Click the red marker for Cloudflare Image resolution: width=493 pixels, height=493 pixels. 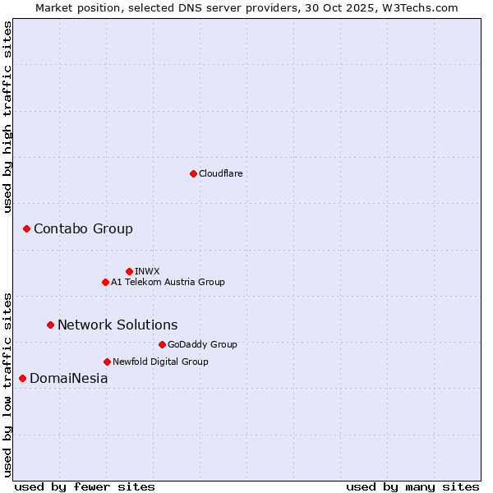tap(193, 173)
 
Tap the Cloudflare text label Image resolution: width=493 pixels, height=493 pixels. tap(220, 173)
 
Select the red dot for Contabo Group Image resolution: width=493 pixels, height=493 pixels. tap(26, 228)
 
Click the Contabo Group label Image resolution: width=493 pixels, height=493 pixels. tap(83, 228)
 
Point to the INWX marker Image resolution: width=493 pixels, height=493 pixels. tap(129, 271)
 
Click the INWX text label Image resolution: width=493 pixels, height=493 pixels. tap(147, 271)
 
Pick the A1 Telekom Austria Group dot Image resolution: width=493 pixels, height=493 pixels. tap(105, 282)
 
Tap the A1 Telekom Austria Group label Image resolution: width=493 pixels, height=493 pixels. tap(168, 282)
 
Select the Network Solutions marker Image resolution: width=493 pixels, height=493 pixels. tap(50, 325)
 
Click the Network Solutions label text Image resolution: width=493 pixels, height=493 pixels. tap(117, 325)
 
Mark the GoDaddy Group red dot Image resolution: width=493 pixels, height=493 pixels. tap(162, 344)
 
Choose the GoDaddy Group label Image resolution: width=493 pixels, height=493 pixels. tap(202, 344)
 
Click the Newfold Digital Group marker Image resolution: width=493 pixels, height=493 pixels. tap(107, 362)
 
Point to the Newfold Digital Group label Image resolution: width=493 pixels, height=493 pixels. tap(160, 362)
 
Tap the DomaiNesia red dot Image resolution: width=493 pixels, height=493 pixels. tap(22, 378)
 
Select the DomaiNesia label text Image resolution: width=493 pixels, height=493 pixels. tap(69, 378)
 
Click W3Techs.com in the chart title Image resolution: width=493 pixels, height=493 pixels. tap(424, 7)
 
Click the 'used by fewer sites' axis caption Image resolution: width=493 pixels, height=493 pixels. tap(85, 486)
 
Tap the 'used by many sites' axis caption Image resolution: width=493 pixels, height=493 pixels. tap(412, 486)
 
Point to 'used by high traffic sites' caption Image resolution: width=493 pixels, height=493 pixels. tap(7, 117)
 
